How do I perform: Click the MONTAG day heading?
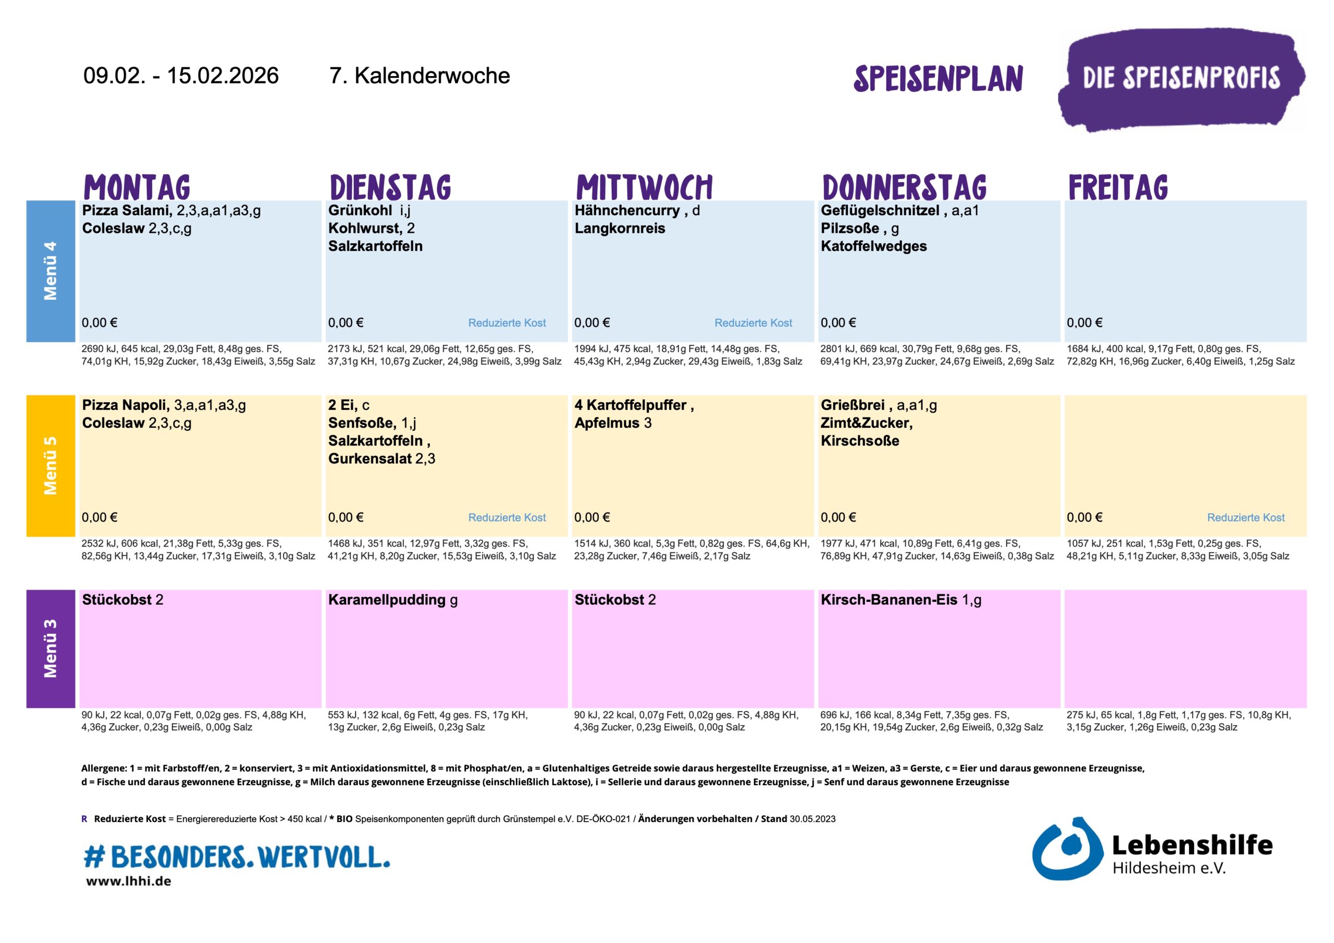click(x=137, y=187)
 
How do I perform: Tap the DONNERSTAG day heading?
click(x=904, y=187)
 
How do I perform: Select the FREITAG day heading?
click(x=1118, y=187)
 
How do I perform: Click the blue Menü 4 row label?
click(x=51, y=271)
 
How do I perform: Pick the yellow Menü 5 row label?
click(x=51, y=465)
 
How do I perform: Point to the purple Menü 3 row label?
click(x=51, y=649)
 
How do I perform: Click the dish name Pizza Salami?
click(x=127, y=210)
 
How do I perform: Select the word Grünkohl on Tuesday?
click(x=360, y=210)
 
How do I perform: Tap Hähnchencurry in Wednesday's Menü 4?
click(x=627, y=210)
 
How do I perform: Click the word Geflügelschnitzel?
click(x=880, y=210)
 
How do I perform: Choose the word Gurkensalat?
click(x=370, y=458)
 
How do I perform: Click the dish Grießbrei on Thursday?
click(x=853, y=405)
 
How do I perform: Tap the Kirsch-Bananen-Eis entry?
click(x=888, y=600)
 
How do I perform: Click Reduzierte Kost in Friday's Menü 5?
click(x=1246, y=517)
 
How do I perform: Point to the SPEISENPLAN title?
click(x=938, y=79)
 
